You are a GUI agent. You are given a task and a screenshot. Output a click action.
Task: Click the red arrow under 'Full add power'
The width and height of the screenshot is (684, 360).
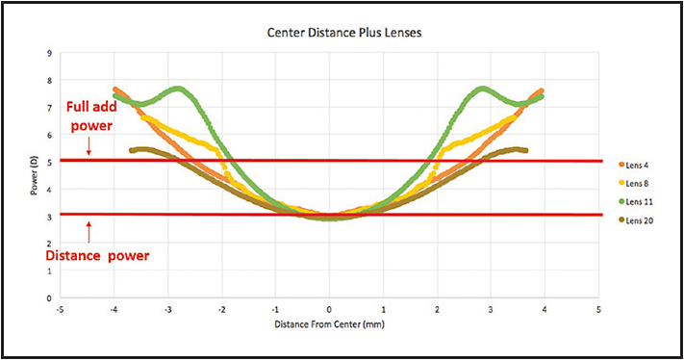(89, 147)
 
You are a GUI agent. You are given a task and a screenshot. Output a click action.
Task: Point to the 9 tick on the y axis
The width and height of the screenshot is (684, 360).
(49, 54)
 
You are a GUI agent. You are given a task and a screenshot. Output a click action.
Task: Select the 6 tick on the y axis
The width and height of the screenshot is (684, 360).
(49, 136)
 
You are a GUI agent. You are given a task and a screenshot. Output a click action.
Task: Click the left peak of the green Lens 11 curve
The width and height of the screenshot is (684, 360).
(178, 88)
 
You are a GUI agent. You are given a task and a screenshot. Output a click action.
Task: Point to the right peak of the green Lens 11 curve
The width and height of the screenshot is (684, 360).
(481, 88)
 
